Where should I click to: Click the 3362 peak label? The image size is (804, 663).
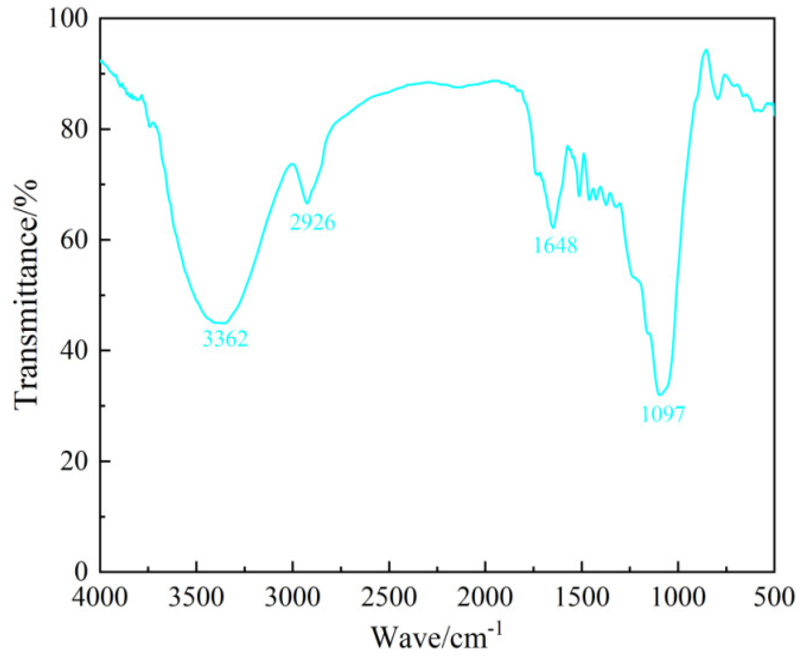[x=225, y=338]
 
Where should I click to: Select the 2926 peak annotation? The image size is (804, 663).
[x=312, y=222]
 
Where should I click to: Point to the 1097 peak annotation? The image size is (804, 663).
[x=663, y=414]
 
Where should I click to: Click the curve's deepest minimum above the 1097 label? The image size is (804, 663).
[x=660, y=394]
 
